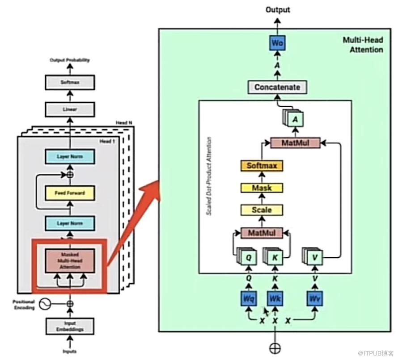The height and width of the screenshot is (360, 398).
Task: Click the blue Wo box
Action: click(x=277, y=43)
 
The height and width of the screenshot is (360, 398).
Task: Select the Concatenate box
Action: click(x=277, y=87)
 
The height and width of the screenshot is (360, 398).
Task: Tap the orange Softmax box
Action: click(x=262, y=166)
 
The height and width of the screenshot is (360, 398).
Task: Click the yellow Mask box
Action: click(x=262, y=188)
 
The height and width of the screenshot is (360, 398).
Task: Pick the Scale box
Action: click(x=262, y=209)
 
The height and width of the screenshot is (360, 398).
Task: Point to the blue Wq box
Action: click(x=249, y=298)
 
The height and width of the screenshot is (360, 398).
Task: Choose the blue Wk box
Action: click(x=275, y=298)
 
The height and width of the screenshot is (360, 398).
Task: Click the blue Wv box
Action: click(x=315, y=298)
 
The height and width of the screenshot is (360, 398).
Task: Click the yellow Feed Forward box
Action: click(x=70, y=193)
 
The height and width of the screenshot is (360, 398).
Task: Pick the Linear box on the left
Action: click(x=70, y=109)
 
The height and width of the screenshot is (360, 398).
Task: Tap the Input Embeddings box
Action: click(x=70, y=326)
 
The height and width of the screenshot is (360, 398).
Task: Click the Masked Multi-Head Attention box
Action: click(x=70, y=261)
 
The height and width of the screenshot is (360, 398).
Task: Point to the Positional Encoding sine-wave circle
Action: click(x=45, y=304)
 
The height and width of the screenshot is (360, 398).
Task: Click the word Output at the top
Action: click(x=278, y=9)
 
